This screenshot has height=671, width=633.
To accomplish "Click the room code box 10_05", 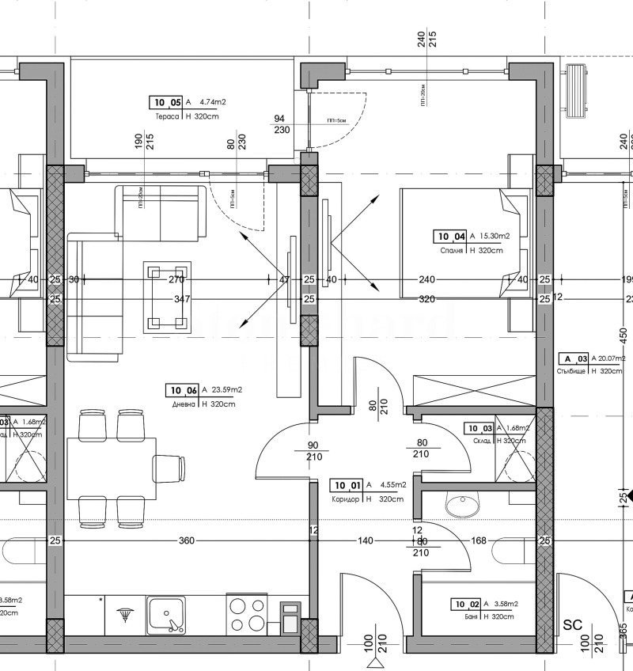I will click(166, 102).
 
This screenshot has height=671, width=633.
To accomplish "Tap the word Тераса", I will click(168, 116).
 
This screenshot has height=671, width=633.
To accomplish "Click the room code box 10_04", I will click(450, 236).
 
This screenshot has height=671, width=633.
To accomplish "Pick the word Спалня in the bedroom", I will click(451, 250).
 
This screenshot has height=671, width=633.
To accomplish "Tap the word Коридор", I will click(347, 499).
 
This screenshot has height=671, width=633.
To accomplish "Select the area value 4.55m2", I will click(393, 485).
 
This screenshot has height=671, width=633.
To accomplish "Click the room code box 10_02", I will click(465, 604).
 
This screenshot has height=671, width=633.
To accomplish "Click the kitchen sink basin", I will click(167, 613).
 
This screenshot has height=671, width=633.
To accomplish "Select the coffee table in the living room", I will click(167, 297).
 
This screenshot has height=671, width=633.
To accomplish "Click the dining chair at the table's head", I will click(169, 467).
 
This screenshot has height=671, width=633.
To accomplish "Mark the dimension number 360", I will click(187, 541).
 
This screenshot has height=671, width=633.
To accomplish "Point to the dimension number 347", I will click(182, 299).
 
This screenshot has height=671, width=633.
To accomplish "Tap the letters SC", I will click(572, 625).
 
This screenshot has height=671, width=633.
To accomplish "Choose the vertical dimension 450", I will click(623, 335).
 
